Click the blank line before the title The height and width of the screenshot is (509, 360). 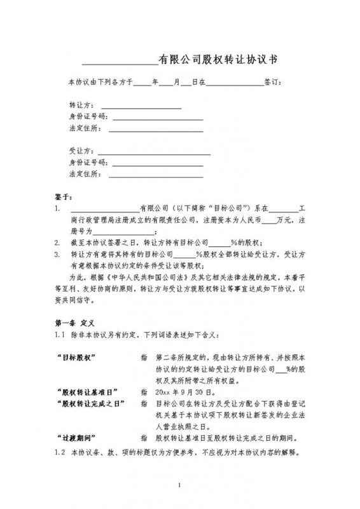pos(120,62)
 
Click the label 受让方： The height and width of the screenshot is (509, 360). pos(81,151)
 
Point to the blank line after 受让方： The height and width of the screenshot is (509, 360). pos(153,153)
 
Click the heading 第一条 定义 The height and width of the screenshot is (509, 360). pos(75,322)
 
